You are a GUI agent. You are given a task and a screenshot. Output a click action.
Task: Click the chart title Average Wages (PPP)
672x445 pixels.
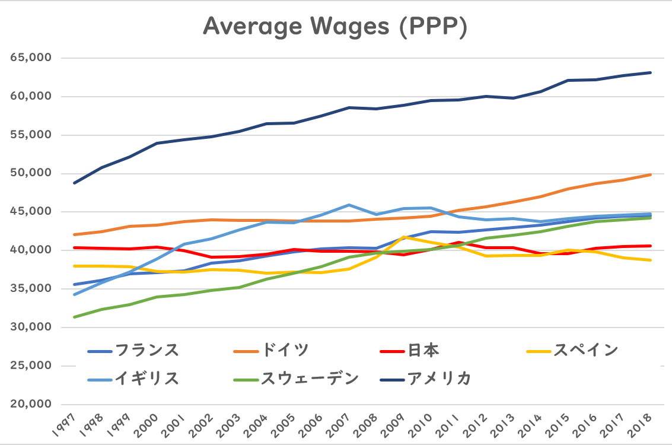point(335,27)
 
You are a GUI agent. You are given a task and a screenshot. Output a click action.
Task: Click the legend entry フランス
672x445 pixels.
point(146,350)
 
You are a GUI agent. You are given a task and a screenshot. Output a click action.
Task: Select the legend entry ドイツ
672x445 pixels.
point(285,350)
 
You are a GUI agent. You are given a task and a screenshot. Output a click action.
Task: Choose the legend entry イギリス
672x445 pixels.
point(146,378)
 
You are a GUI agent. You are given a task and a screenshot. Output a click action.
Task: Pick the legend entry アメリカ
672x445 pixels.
point(439,378)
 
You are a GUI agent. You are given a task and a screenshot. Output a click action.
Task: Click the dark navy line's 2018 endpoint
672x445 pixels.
point(651,72)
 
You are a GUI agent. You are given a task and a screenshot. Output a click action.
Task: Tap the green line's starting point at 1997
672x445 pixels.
point(75,317)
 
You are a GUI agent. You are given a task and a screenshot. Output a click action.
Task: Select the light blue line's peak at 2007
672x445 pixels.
point(349,205)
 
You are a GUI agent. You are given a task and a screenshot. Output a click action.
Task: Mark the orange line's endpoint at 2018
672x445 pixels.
point(651,174)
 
